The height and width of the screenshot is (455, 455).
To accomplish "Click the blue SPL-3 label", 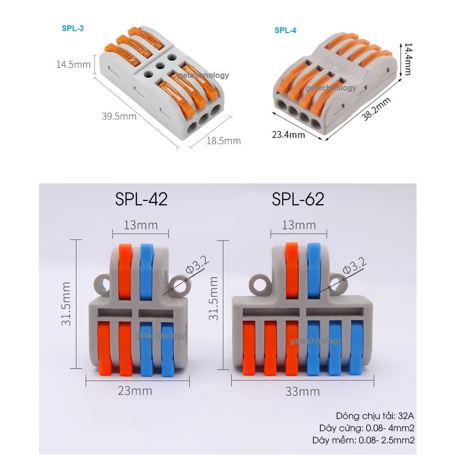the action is pos(73,28).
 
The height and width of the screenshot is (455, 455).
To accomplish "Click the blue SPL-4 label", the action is pos(286,30).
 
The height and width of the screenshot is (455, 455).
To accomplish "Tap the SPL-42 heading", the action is pos(141,199).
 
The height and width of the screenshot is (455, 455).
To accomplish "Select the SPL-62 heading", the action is pos(298,199).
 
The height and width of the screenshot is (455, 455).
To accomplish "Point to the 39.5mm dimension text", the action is pos(119,116).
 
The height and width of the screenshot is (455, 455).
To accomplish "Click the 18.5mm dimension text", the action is pos(224,141).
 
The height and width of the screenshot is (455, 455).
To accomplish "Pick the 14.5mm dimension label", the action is pos(73,64).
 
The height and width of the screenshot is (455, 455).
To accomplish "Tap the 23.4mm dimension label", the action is pos(289,135).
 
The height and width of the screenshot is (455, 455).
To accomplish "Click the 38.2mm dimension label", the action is pos(376,109).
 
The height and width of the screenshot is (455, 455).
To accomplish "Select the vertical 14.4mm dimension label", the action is pos(407,59).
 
